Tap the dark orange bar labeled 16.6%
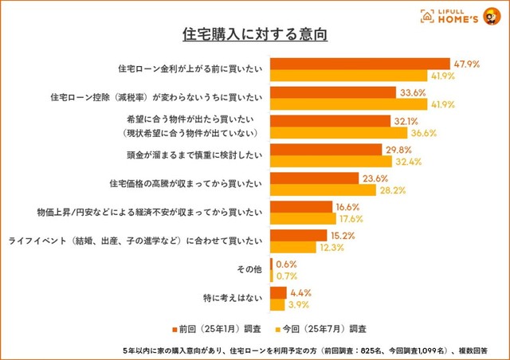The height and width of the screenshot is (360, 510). (x=302, y=206)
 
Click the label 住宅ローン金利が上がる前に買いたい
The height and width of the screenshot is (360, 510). (x=190, y=69)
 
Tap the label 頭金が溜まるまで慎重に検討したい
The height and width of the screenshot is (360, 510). (x=195, y=155)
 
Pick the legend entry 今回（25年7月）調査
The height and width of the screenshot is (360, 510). (x=325, y=328)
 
